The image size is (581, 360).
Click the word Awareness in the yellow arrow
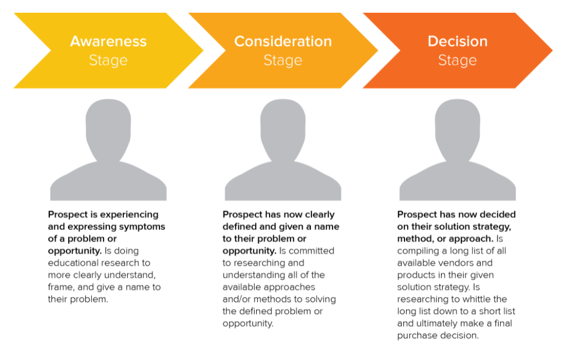[108, 41]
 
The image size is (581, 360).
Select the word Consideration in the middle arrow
[283, 41]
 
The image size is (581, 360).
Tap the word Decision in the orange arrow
[458, 41]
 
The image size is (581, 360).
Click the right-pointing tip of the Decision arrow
[552, 50]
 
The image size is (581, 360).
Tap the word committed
[311, 251]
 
